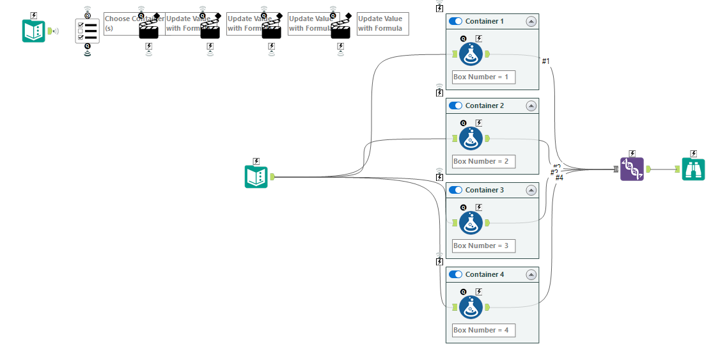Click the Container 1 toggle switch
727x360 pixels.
click(455, 21)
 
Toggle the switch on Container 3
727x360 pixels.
click(455, 190)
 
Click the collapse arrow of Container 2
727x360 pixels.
click(531, 106)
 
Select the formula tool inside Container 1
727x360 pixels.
click(471, 54)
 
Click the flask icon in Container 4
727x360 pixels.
click(471, 308)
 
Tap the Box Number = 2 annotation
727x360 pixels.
click(483, 161)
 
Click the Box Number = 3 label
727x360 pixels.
click(483, 246)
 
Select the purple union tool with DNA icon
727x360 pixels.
click(632, 169)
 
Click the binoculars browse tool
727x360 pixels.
click(693, 169)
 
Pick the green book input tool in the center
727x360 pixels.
click(256, 176)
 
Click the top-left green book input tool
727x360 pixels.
click(33, 31)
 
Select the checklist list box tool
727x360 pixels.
click(88, 31)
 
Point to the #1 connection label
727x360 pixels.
click(545, 61)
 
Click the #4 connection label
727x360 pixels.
click(559, 178)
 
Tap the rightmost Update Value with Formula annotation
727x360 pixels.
click(382, 24)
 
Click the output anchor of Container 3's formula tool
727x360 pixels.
click(488, 223)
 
